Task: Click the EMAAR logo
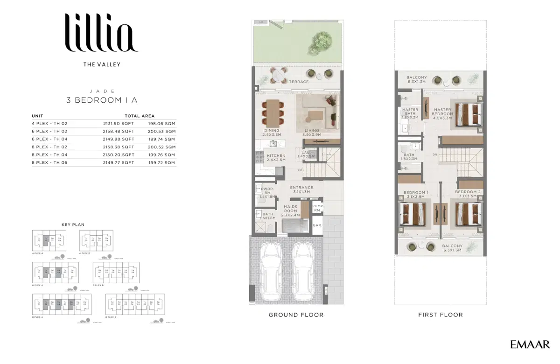tap(530, 345)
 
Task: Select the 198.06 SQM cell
tap(162, 124)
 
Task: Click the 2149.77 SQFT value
tap(119, 162)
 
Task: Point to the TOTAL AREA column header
tap(140, 116)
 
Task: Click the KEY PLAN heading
tap(73, 224)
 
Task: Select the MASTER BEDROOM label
tap(442, 112)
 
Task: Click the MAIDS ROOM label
tap(290, 208)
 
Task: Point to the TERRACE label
tap(299, 82)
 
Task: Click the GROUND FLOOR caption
tap(296, 315)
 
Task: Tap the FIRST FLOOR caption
tap(441, 315)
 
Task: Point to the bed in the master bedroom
tap(468, 114)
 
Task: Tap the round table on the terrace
tap(279, 74)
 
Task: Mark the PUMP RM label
tap(318, 208)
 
